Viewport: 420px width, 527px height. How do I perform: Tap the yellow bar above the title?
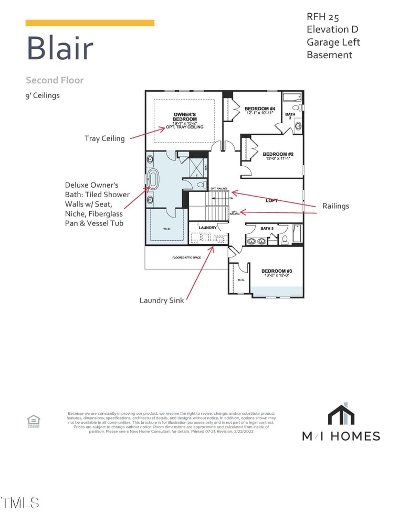(x=90, y=23)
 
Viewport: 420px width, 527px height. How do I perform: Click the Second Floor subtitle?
(x=55, y=80)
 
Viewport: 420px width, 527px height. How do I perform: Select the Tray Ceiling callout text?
(x=104, y=138)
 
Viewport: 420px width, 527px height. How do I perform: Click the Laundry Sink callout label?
(x=162, y=300)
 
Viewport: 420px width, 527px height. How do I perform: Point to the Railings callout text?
(x=335, y=206)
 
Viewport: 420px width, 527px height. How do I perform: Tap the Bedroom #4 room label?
(x=260, y=109)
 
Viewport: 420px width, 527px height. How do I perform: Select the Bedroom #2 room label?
(x=278, y=154)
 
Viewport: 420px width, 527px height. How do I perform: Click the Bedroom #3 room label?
(x=277, y=271)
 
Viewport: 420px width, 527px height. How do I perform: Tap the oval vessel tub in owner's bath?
(x=153, y=179)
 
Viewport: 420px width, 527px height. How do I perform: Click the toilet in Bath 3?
(x=285, y=240)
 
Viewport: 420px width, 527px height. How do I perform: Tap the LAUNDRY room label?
(x=207, y=228)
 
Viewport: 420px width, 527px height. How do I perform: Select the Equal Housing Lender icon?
(x=33, y=421)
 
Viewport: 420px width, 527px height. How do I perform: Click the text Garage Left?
(x=333, y=42)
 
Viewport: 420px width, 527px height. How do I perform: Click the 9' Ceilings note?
(x=43, y=96)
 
